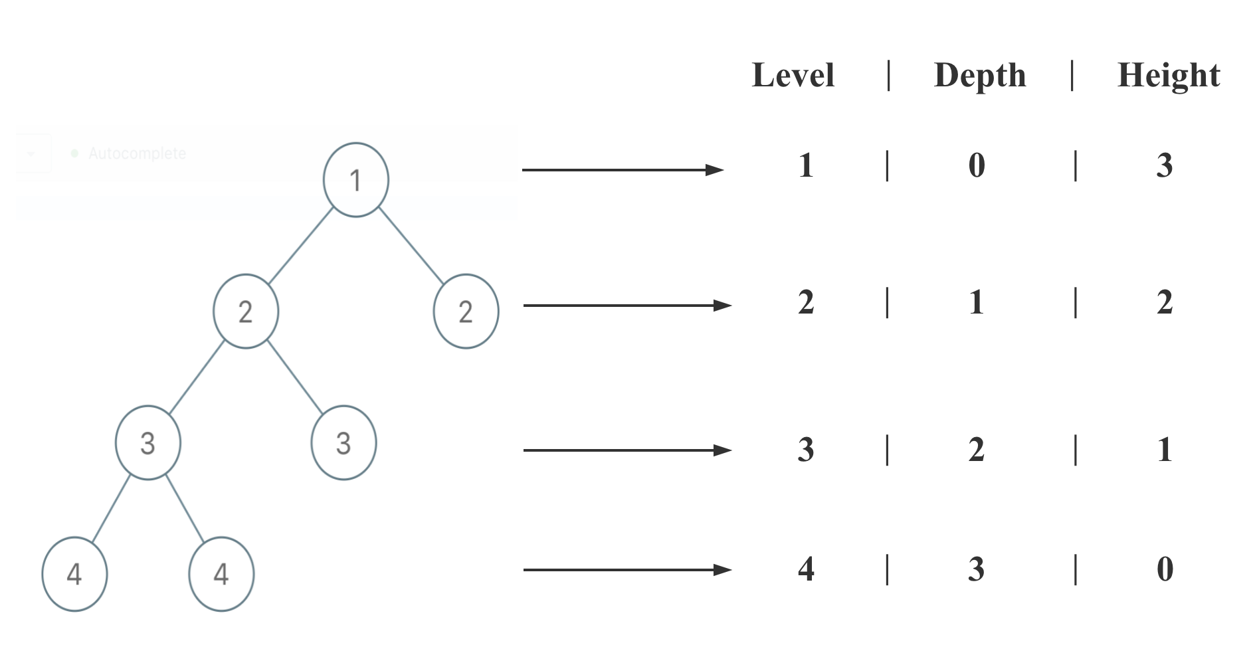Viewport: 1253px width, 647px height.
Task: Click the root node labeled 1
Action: click(x=355, y=179)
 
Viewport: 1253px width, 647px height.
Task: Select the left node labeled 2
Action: click(x=245, y=311)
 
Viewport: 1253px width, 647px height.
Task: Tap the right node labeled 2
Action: click(x=466, y=311)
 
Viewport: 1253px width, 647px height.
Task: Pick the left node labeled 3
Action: click(x=147, y=442)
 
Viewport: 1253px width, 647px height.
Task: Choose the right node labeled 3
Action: click(x=343, y=442)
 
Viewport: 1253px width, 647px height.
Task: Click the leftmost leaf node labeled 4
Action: click(x=74, y=574)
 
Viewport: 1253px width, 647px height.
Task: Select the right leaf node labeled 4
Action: click(x=221, y=574)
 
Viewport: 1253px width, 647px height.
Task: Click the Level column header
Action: click(x=793, y=75)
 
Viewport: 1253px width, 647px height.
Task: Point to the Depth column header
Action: click(x=980, y=75)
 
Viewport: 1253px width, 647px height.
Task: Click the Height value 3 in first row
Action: click(x=1164, y=165)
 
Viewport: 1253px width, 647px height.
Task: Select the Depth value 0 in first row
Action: click(x=976, y=165)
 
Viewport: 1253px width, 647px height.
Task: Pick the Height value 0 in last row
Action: click(x=1165, y=569)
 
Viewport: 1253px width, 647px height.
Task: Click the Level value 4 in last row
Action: click(x=806, y=569)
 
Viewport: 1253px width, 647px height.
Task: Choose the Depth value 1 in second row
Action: click(x=976, y=303)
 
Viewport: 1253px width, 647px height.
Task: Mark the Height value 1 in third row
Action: click(x=1164, y=450)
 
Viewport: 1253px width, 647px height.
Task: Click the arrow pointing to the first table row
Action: click(x=623, y=170)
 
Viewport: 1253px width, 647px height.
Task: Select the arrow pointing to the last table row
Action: click(x=626, y=569)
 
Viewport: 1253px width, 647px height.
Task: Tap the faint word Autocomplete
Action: click(x=137, y=153)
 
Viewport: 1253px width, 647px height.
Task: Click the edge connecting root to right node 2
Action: click(x=411, y=246)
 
